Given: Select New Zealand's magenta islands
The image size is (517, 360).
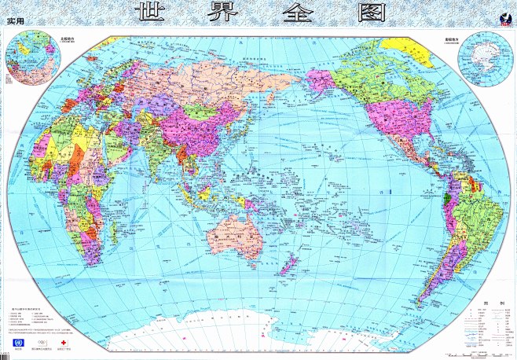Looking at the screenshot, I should (285, 263).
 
